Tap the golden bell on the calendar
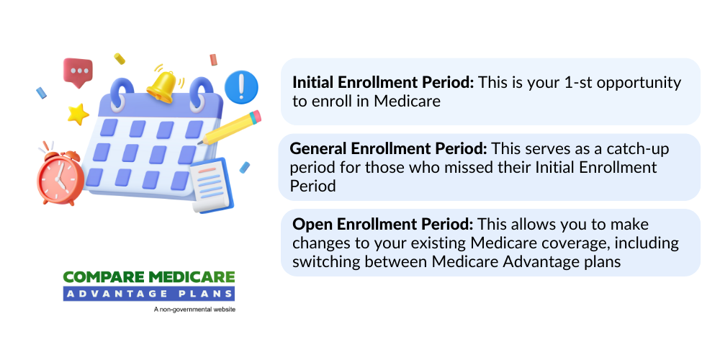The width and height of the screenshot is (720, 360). (164, 84)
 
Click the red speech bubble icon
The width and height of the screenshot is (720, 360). (78, 71)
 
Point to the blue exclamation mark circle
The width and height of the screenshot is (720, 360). (241, 86)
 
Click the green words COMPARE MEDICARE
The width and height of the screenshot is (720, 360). (148, 277)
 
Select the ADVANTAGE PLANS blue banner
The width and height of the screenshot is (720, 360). (148, 293)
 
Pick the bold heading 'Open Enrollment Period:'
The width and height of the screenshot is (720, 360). (382, 224)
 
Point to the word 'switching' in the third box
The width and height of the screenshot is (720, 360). (322, 261)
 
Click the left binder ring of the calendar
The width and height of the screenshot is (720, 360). (124, 89)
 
